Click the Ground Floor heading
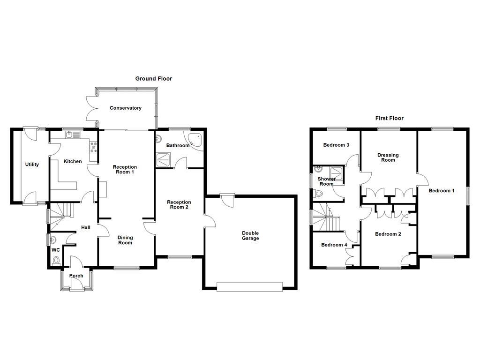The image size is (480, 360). point(153,79)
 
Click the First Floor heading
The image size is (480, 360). point(389,119)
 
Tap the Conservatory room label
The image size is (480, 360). point(125,108)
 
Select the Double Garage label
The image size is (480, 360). point(250,236)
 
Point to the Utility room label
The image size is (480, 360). point(32,165)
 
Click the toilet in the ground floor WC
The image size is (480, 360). point(57,260)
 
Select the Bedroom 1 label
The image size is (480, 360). point(441,191)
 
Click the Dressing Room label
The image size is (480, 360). point(388,157)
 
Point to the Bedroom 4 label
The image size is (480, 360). point(334,245)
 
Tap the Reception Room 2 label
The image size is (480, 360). point(179,205)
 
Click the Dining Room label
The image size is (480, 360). point(125,240)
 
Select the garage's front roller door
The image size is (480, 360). point(250,286)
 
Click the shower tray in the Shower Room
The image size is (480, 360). point(336,172)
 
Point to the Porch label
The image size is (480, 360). point(76,276)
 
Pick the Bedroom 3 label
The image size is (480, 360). point(336,145)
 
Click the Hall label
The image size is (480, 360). point(86,228)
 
